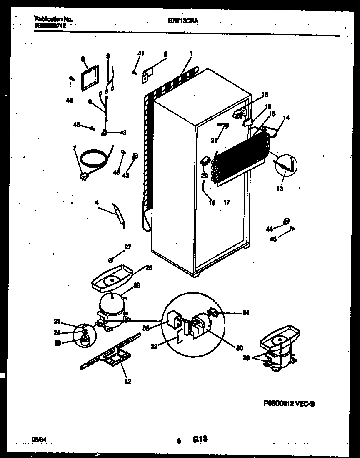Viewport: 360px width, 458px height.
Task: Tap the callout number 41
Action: pyautogui.click(x=141, y=53)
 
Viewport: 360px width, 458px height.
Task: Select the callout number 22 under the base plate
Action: pyautogui.click(x=127, y=380)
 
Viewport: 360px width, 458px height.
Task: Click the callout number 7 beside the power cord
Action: pyautogui.click(x=75, y=148)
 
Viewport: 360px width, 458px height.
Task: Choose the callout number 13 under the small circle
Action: pyautogui.click(x=279, y=189)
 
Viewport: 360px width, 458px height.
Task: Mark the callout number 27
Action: pyautogui.click(x=127, y=247)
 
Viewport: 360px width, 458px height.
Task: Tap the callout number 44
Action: pyautogui.click(x=270, y=228)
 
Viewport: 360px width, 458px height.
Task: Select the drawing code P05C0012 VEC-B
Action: pyautogui.click(x=292, y=403)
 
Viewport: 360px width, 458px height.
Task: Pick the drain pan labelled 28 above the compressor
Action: pyautogui.click(x=112, y=280)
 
